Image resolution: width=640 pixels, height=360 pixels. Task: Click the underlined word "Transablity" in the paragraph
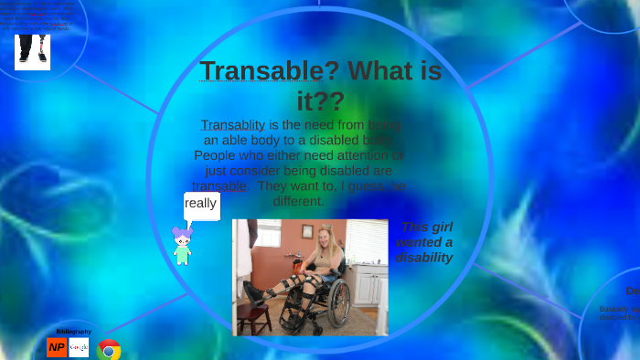(x=232, y=125)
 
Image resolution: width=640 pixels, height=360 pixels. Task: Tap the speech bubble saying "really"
(x=201, y=205)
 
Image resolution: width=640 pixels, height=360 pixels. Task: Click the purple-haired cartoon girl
(x=183, y=246)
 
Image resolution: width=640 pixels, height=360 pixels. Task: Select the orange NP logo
(x=57, y=347)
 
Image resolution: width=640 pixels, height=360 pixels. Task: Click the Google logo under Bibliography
(x=80, y=347)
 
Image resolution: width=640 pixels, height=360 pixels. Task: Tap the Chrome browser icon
(x=109, y=350)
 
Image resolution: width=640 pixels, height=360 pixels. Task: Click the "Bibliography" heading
(x=73, y=331)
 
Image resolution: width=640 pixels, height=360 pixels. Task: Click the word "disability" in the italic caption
(x=424, y=258)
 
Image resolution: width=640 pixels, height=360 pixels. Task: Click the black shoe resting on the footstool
(x=254, y=293)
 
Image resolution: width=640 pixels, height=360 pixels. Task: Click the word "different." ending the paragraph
(x=298, y=201)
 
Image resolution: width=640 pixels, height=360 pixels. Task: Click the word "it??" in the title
(x=319, y=101)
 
